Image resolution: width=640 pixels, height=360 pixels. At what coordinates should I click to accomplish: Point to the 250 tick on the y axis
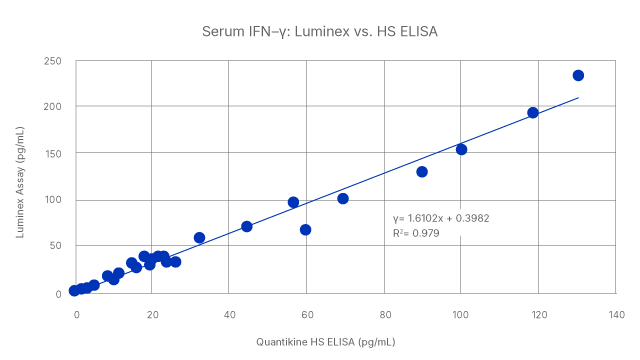pyautogui.click(x=54, y=62)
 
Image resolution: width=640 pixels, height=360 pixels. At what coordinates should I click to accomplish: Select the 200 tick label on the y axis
pyautogui.click(x=54, y=107)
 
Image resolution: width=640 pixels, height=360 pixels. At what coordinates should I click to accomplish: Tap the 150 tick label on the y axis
pyautogui.click(x=54, y=154)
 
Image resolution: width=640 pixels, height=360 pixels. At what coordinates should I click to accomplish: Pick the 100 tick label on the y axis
pyautogui.click(x=54, y=200)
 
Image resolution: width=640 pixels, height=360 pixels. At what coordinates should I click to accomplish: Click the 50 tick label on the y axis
pyautogui.click(x=57, y=246)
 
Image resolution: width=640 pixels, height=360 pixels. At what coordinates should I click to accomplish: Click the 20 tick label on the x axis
pyautogui.click(x=152, y=315)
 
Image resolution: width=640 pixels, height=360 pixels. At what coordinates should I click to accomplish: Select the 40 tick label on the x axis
pyautogui.click(x=229, y=315)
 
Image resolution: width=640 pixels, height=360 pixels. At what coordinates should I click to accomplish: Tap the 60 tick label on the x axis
pyautogui.click(x=306, y=315)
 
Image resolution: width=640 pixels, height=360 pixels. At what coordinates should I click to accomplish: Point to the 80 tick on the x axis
pyautogui.click(x=383, y=315)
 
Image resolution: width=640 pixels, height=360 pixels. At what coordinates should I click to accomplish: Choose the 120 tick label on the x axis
pyautogui.click(x=537, y=315)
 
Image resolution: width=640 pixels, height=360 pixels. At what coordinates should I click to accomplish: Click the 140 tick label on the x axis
pyautogui.click(x=614, y=315)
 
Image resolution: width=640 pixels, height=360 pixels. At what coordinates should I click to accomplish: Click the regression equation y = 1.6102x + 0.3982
pyautogui.click(x=440, y=218)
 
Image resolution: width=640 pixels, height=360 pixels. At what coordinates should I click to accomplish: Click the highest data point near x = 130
pyautogui.click(x=578, y=76)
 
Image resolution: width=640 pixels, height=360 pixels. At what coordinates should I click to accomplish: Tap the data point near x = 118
pyautogui.click(x=533, y=113)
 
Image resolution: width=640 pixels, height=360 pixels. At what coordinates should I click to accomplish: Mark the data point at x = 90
pyautogui.click(x=422, y=172)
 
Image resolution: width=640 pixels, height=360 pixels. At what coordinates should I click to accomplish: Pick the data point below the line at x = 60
pyautogui.click(x=306, y=230)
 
